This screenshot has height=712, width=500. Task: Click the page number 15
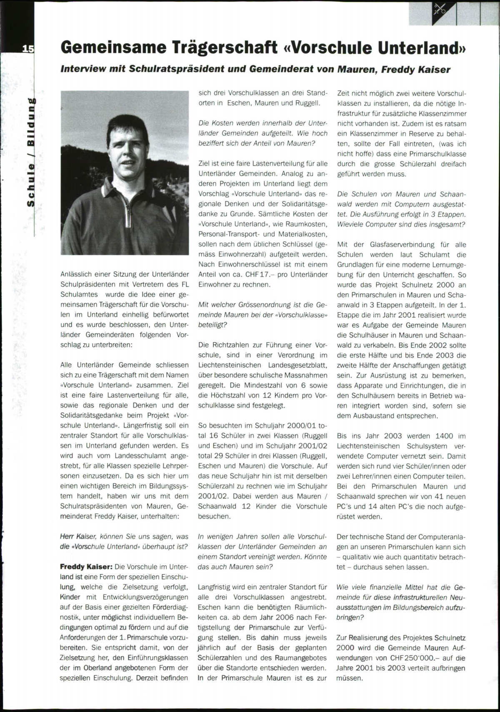pos(28,49)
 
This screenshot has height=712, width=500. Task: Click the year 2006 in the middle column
pos(285,617)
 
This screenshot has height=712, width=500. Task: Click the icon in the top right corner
pos(440,9)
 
